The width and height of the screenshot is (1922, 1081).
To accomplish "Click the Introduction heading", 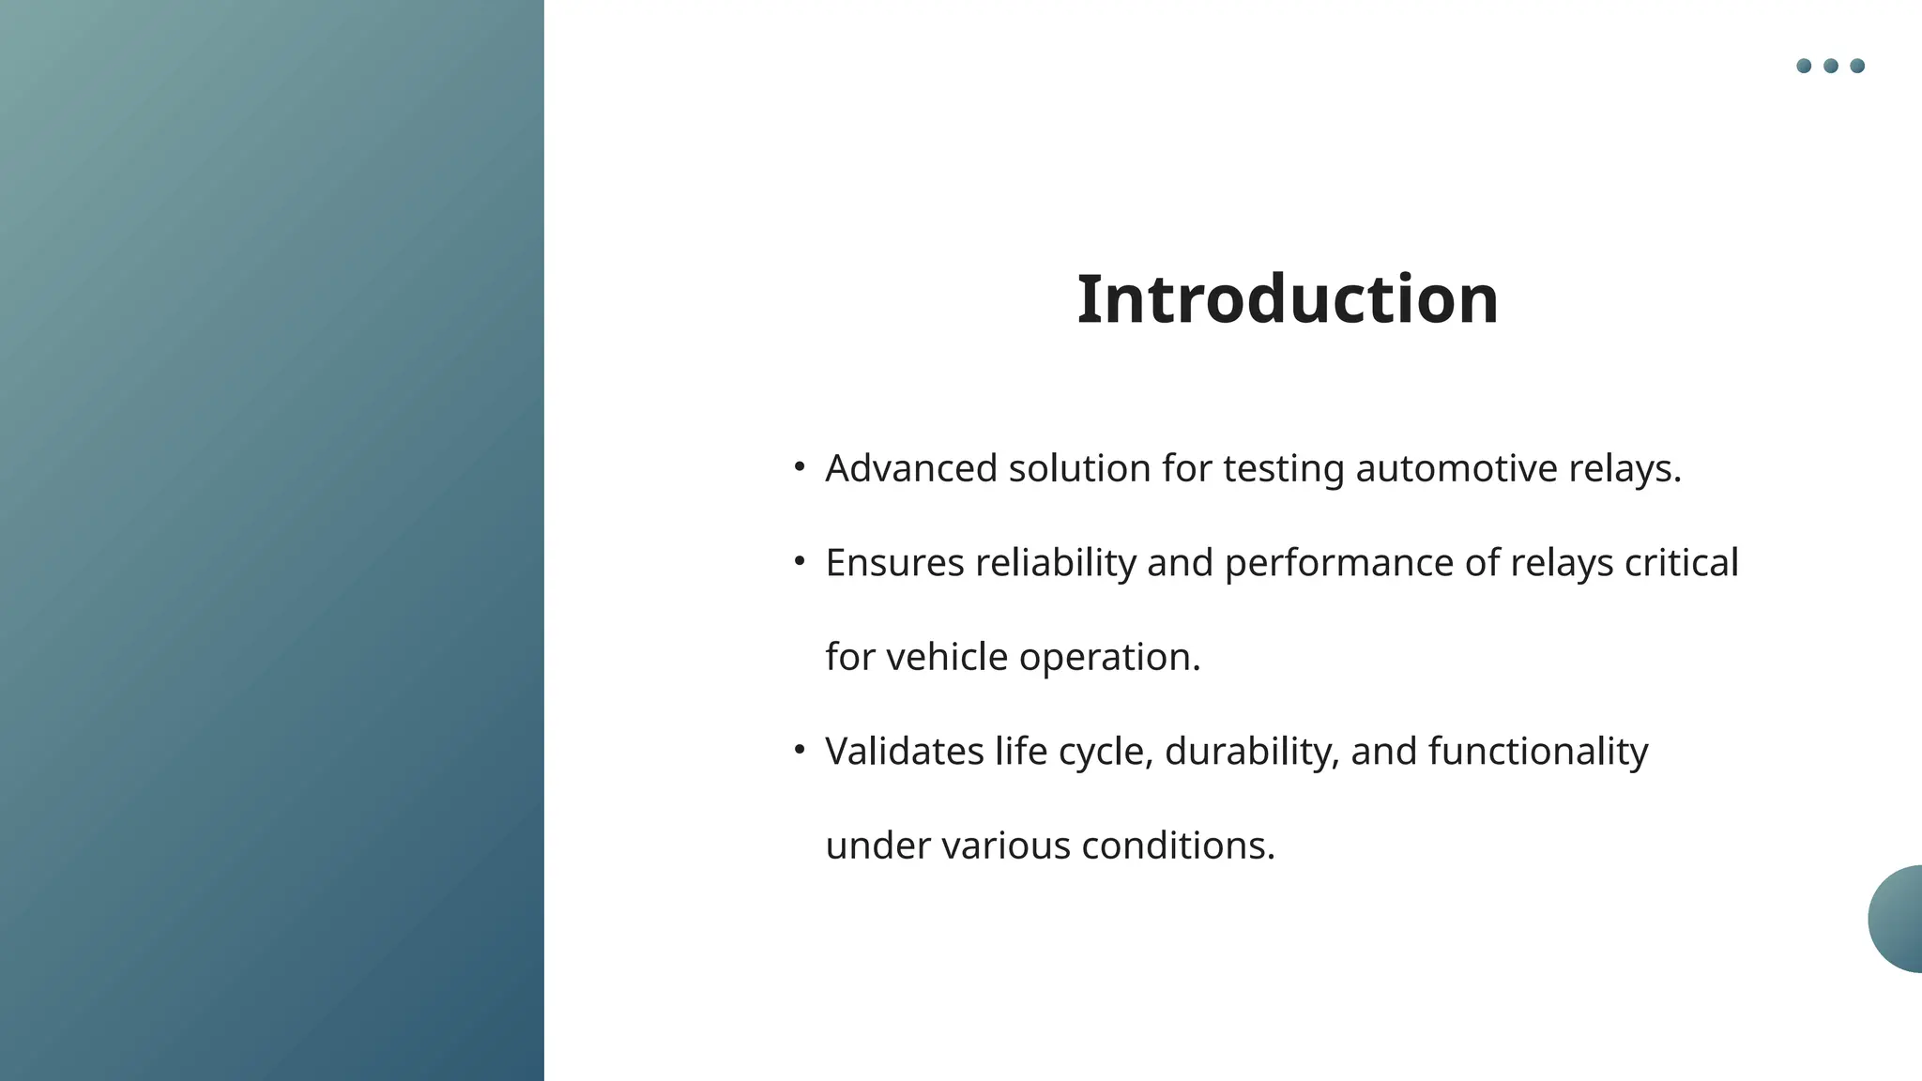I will point(1287,299).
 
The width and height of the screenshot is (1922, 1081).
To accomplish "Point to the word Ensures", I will point(894,563).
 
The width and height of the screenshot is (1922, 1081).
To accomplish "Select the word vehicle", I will point(947,657).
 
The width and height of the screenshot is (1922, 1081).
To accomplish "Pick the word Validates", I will point(904,752).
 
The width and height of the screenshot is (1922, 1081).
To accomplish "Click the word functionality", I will point(1537,753).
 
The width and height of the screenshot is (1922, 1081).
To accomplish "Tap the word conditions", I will point(1178,845).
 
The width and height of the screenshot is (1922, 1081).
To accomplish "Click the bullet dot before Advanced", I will point(800,466).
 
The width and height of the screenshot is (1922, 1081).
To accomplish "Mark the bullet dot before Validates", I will point(800,750).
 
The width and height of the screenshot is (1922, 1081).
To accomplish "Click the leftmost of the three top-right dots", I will point(1804,66).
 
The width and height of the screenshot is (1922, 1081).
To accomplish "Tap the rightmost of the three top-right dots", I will point(1857,66).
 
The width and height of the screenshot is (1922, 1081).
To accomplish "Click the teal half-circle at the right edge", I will point(1898,919).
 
